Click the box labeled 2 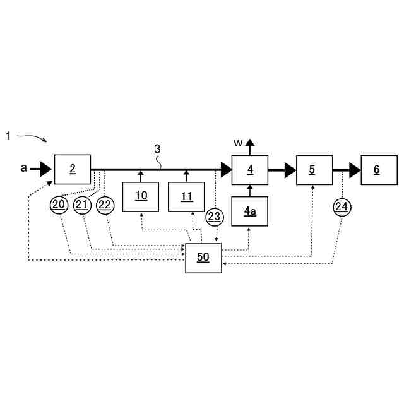coord(73,169)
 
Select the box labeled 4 coord(250,169)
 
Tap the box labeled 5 coord(314,169)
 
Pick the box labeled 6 coord(379,169)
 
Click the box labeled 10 coord(141,196)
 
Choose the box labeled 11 coord(186,196)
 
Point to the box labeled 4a coord(250,211)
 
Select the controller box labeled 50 coord(203,258)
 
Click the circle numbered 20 coord(59,205)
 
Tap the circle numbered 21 coord(82,205)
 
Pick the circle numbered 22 coord(105,205)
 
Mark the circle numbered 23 coord(215,217)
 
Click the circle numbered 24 coord(342,206)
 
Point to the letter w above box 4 coord(237,143)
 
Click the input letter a coord(24,168)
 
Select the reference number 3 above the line coord(158,149)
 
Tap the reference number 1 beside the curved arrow coord(8,136)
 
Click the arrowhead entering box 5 coord(290,169)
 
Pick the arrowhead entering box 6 coord(355,169)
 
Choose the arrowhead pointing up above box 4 coord(250,143)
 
